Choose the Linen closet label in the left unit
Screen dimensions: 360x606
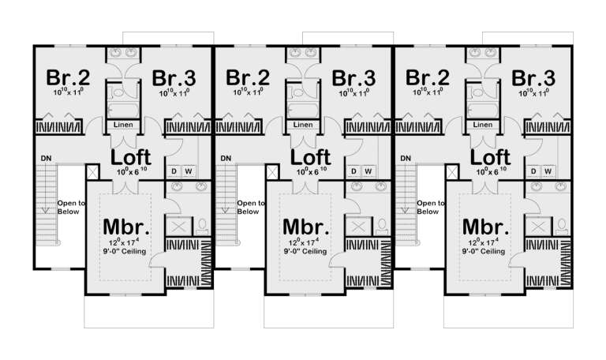click(123, 125)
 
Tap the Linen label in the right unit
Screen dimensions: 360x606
click(481, 125)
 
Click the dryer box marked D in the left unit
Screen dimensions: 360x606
click(174, 171)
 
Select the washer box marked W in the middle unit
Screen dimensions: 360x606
click(368, 171)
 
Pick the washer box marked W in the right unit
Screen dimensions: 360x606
click(547, 171)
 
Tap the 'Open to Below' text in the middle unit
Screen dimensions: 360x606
click(250, 207)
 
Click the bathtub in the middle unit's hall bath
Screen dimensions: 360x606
click(302, 109)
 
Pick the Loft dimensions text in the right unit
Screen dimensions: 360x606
click(484, 171)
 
